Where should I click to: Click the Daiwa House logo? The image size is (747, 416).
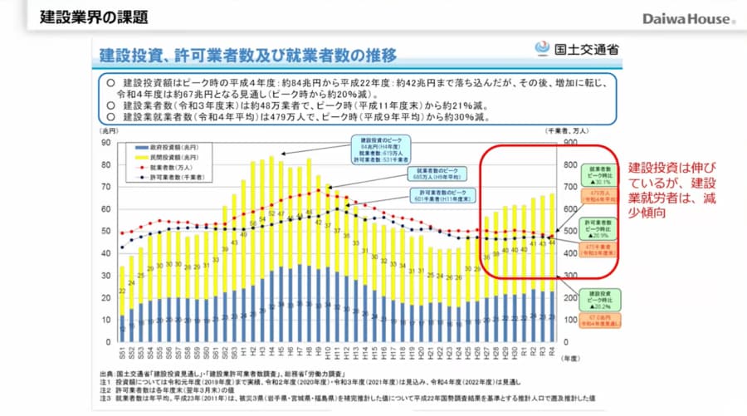[x=688, y=17]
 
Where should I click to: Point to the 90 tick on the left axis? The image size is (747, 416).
[x=106, y=142]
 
